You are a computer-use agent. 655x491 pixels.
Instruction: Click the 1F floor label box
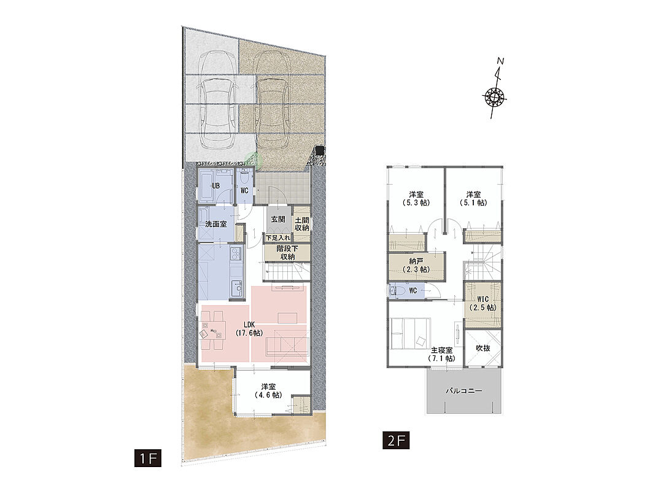tap(148, 458)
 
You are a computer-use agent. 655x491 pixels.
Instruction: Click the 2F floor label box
tap(396, 441)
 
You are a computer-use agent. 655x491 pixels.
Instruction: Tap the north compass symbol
tap(495, 90)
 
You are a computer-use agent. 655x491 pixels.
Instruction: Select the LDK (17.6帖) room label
tap(249, 329)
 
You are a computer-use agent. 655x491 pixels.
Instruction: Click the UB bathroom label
tap(215, 186)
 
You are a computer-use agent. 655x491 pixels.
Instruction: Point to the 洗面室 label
tap(216, 224)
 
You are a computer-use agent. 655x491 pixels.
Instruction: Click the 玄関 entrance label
tap(278, 219)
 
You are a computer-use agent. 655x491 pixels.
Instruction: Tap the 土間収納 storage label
tap(302, 224)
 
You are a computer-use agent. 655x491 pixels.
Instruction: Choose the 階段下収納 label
tap(287, 253)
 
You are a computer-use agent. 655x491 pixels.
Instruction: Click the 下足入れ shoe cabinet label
tap(278, 238)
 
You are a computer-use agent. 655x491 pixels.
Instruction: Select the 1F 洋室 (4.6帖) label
tap(268, 391)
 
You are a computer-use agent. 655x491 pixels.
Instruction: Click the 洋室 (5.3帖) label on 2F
tap(416, 199)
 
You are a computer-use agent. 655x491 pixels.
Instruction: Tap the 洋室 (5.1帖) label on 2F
tap(474, 199)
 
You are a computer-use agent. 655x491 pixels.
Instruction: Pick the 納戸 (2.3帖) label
tap(416, 266)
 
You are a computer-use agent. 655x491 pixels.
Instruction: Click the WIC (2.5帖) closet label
tap(483, 304)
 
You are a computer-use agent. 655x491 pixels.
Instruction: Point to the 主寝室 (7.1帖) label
tap(441, 355)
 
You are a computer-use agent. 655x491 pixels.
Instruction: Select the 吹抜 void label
tap(483, 348)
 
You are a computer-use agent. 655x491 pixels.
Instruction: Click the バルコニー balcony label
tap(463, 391)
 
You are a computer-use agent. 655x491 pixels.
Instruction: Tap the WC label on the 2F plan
tap(413, 290)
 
